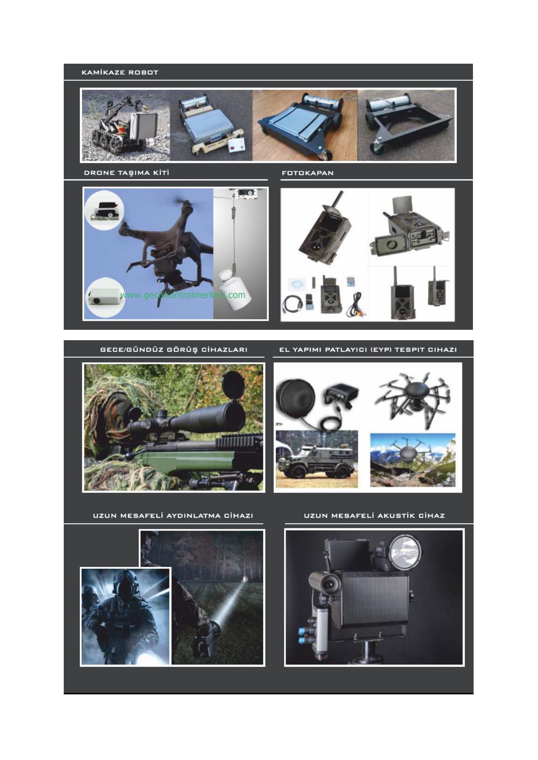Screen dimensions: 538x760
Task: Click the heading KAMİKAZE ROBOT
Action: pos(120,72)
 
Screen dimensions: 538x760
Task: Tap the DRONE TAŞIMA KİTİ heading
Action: pos(127,173)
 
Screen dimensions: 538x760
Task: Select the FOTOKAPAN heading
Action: pos(307,173)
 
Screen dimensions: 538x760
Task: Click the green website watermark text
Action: pos(183,295)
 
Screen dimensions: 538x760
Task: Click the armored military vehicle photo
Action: pos(317,459)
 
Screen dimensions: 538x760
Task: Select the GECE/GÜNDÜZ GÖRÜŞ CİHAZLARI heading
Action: pos(174,350)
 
